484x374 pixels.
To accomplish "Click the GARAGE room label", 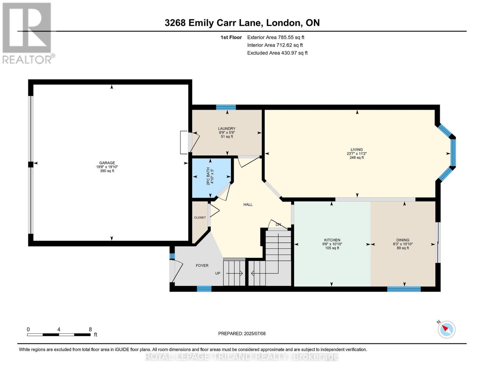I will click(x=107, y=163).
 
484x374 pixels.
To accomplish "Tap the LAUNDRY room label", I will click(x=227, y=128).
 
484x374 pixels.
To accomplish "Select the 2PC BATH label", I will click(x=208, y=176).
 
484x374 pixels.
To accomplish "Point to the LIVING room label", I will click(x=357, y=150).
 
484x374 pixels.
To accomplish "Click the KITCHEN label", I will click(x=332, y=240).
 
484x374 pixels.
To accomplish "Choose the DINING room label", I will click(x=403, y=240).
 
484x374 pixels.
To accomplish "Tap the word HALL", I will click(x=248, y=204).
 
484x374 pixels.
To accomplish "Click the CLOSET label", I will click(x=200, y=218).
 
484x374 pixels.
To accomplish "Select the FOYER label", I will click(x=202, y=266).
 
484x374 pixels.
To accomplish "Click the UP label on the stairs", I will click(x=218, y=273).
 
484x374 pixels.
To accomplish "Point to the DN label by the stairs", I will click(x=278, y=224).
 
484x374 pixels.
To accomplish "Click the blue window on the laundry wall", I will click(x=226, y=108).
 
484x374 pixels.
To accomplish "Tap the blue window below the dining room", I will click(x=404, y=289).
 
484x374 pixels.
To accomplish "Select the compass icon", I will click(x=446, y=329).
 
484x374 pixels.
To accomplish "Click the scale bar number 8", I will click(x=90, y=329).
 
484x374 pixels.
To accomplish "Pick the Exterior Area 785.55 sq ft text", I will click(x=276, y=37).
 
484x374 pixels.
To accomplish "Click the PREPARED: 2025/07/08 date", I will click(x=242, y=333).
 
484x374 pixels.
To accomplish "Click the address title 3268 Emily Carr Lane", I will click(x=242, y=23).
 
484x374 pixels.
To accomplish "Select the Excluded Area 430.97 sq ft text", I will click(x=277, y=53).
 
